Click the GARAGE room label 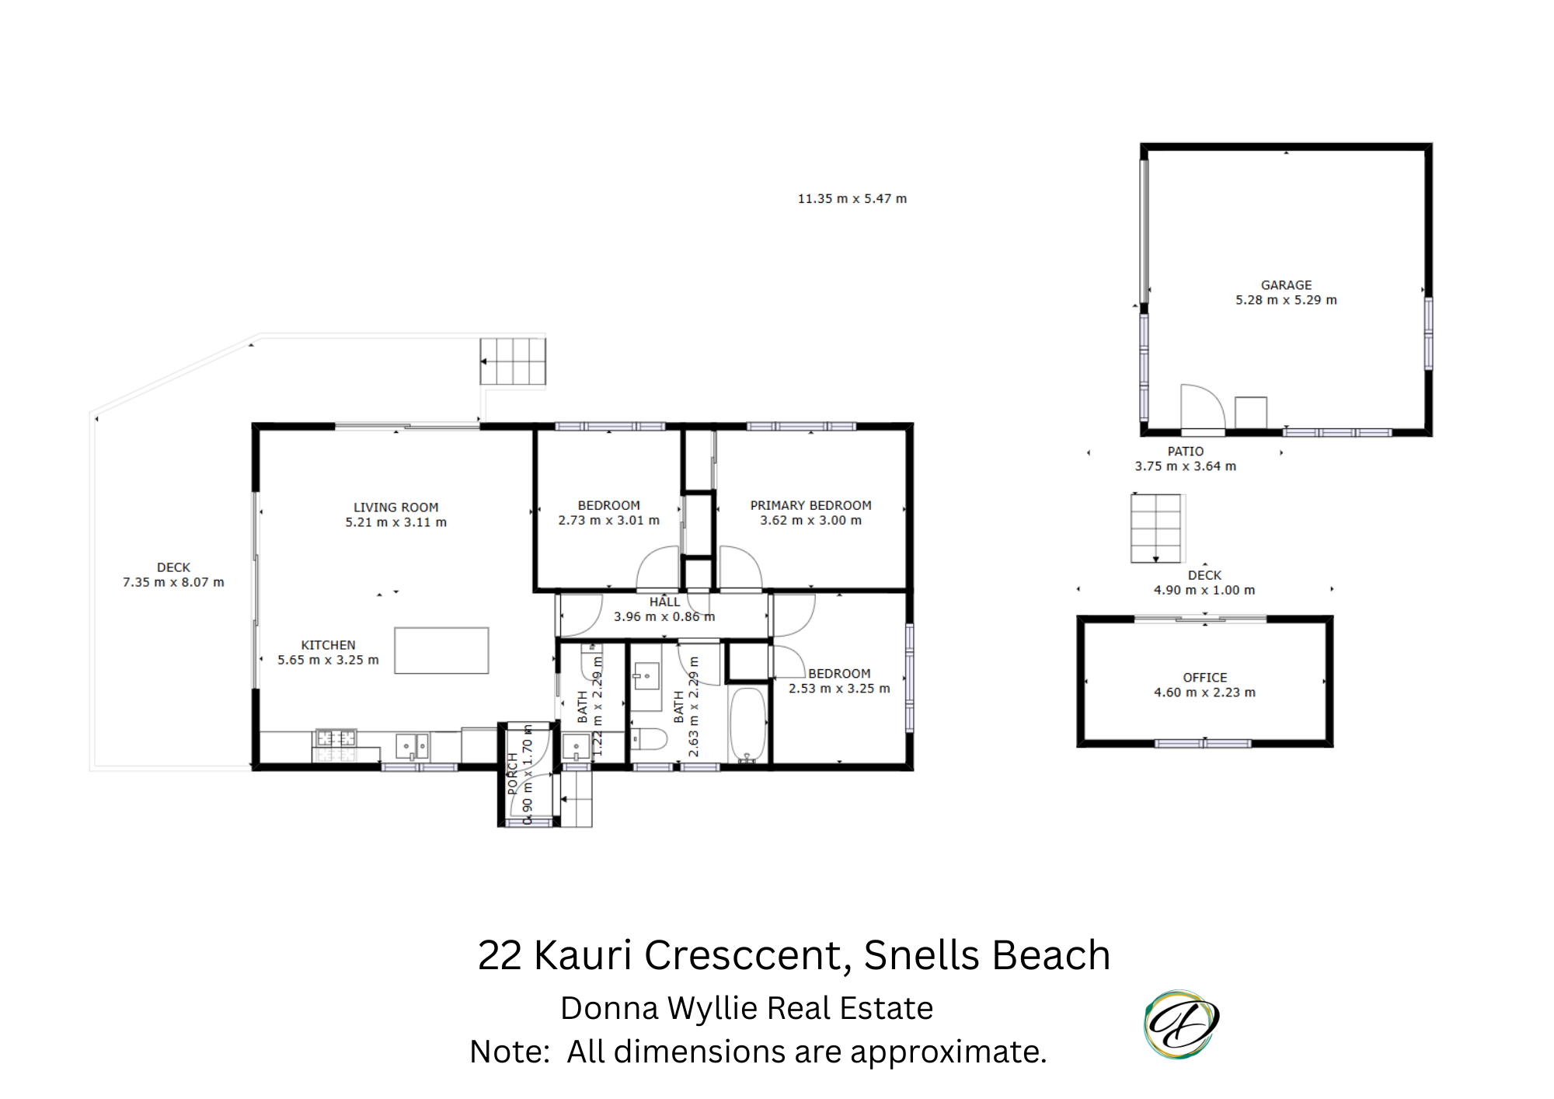pos(1286,285)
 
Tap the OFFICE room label pos(1205,678)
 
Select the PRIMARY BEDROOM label pos(810,505)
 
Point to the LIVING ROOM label pos(395,508)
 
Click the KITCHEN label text pos(328,645)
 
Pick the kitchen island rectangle pos(441,651)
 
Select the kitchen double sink pos(412,747)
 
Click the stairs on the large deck pos(513,361)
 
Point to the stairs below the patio pos(1156,529)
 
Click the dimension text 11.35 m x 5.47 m pos(852,199)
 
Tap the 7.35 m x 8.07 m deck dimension pos(173,582)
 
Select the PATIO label pos(1186,452)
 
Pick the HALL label pos(664,602)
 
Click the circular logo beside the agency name pos(1181,1024)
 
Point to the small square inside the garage pos(1251,413)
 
